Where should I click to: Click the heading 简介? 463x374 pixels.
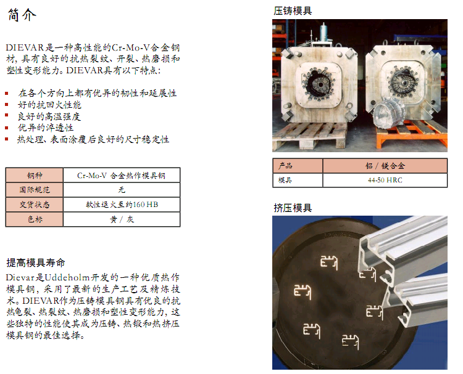(x=22, y=14)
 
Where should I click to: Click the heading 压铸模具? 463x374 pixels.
(x=293, y=11)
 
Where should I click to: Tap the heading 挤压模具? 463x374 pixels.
(x=293, y=208)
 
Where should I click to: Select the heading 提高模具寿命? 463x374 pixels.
(x=36, y=262)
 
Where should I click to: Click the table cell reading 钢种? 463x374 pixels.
(x=35, y=176)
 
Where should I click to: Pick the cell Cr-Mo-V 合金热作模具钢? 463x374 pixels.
(x=122, y=176)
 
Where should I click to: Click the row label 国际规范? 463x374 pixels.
(x=35, y=190)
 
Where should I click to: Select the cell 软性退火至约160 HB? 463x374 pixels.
(x=122, y=205)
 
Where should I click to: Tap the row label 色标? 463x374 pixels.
(x=35, y=219)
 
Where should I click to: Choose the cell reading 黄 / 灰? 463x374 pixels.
(x=122, y=219)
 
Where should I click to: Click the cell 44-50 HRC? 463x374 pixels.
(x=385, y=180)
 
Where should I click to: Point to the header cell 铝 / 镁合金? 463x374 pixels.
(x=385, y=166)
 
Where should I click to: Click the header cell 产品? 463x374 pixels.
(x=298, y=166)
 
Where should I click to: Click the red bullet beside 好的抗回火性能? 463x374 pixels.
(x=7, y=105)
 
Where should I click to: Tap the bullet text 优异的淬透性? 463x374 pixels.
(x=46, y=128)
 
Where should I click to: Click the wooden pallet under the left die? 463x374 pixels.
(x=309, y=135)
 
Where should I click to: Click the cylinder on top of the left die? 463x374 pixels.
(x=323, y=34)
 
